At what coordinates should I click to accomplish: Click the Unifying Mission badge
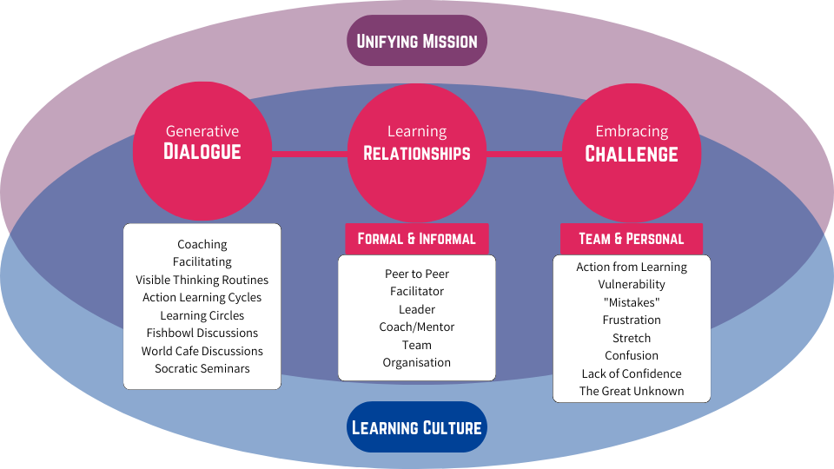coord(417,41)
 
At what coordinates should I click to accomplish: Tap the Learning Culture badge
coord(417,427)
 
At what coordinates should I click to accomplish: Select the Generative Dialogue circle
coord(202,153)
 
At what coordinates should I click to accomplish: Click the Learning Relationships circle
coord(417,153)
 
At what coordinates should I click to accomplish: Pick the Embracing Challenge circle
coord(632,153)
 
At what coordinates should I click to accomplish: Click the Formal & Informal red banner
coord(417,239)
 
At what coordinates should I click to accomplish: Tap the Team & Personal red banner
coord(632,239)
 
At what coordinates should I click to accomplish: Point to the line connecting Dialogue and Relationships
coord(309,155)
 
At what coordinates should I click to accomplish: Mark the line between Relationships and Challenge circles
coord(524,155)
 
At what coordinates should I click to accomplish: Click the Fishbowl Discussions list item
coord(202,333)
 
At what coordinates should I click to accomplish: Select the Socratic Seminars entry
coord(202,368)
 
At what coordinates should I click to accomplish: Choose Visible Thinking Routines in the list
coord(202,280)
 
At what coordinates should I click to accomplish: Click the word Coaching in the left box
coord(202,244)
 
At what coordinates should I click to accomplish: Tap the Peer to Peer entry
coord(417,274)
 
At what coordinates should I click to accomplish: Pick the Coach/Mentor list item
coord(417,327)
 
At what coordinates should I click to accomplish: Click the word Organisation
coord(417,362)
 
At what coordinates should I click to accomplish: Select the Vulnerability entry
coord(632,284)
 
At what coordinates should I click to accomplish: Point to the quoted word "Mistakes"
coord(632,302)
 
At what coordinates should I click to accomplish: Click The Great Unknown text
coord(632,391)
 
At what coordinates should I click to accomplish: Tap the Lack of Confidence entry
coord(632,373)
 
